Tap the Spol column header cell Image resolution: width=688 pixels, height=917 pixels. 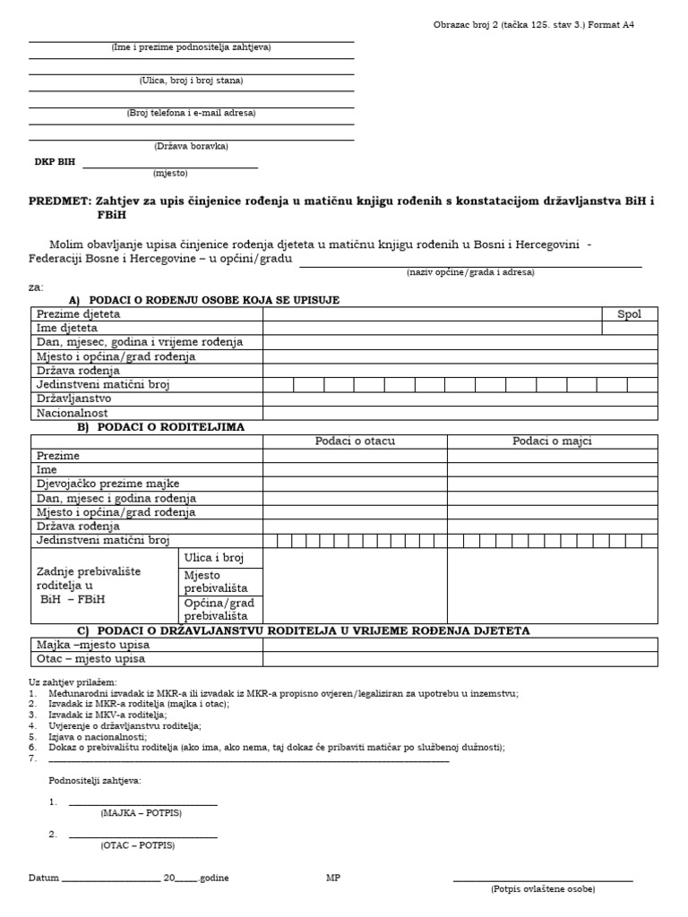click(629, 314)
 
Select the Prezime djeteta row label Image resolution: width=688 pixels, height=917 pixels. click(79, 314)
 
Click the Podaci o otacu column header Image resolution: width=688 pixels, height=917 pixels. click(355, 441)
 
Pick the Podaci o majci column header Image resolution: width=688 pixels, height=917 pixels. click(552, 441)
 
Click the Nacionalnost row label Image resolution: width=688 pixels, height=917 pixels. click(73, 413)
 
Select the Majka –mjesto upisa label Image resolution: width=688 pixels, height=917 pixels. click(93, 645)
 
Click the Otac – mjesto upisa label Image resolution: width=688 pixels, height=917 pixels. click(90, 659)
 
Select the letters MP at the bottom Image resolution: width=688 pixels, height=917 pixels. click(333, 878)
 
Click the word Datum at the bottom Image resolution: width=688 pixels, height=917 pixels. click(42, 878)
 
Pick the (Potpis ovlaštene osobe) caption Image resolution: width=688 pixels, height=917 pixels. click(543, 889)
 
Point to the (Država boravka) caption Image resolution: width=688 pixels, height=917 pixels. click(191, 146)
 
